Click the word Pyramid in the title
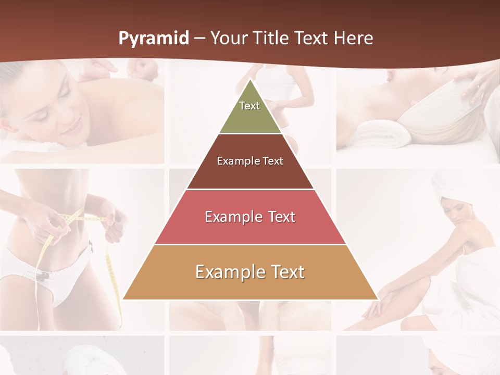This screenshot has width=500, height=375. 153,39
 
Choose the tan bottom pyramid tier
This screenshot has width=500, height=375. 250,286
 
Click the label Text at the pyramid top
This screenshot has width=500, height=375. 249,106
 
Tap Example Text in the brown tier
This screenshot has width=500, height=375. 250,161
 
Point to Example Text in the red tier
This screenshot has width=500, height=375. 250,217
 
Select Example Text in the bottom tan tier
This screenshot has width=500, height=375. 250,272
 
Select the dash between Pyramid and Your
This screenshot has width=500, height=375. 199,39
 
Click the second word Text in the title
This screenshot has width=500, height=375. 311,38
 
